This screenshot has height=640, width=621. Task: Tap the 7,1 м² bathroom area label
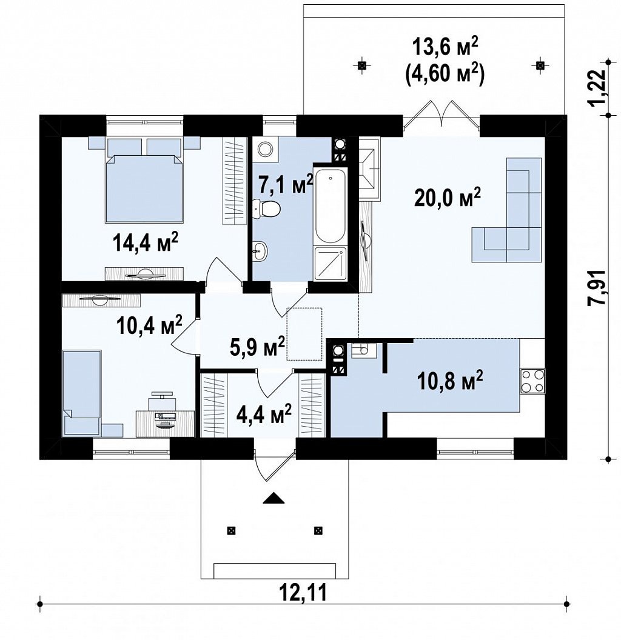[x=286, y=184]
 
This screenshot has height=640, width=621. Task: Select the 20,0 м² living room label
[x=448, y=198]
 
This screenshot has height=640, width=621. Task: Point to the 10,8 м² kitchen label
[x=450, y=380]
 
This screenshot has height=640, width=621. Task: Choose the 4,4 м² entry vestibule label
[x=264, y=414]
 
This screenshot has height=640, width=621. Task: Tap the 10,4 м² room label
[x=149, y=324]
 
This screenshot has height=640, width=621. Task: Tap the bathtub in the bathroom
[x=330, y=204]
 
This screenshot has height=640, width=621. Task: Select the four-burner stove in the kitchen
[x=532, y=381]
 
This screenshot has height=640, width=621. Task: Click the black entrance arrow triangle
[x=274, y=498]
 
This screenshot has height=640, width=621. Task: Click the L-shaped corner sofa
[x=506, y=210]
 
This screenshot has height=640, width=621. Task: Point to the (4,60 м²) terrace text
[x=445, y=75]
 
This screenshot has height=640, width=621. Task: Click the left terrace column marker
[x=361, y=65]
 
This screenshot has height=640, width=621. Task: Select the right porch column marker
[x=318, y=530]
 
